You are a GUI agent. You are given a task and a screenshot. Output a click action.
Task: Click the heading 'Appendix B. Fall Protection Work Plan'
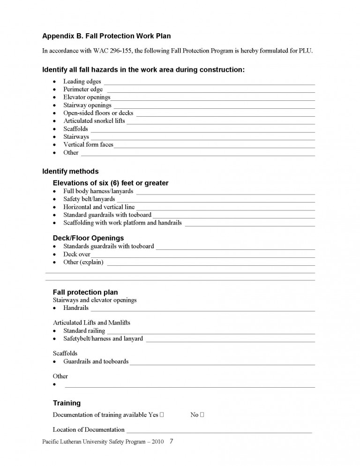coord(106,36)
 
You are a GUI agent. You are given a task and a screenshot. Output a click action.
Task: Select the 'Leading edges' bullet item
coord(82,82)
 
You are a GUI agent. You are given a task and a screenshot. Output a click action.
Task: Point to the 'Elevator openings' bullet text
coord(87,98)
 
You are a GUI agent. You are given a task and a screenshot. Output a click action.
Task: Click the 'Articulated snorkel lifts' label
coord(94,121)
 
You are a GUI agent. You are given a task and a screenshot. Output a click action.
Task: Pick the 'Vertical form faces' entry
coord(88,145)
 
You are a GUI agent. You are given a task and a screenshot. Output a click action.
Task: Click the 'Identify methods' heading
coord(70,172)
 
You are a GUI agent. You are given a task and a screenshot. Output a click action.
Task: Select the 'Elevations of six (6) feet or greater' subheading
coord(111,183)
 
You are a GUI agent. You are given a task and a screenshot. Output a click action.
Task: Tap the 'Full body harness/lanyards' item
coord(98,191)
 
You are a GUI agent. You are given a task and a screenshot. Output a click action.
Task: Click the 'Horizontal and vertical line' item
coord(99,207)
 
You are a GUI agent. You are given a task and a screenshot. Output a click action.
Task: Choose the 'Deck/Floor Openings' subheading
coord(88,238)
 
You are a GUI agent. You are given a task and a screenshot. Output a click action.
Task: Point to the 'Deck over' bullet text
coord(77,255)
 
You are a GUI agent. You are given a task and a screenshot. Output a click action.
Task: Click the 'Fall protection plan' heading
coord(85,293)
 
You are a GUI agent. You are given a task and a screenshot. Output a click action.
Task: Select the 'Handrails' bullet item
coord(76,308)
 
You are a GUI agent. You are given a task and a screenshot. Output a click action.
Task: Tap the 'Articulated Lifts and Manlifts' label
coord(91,323)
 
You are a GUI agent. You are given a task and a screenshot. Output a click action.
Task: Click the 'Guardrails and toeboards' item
coord(96,362)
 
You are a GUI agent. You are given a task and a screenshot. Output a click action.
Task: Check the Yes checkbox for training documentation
coord(162,415)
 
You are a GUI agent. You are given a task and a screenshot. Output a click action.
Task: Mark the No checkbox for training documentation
coord(202,415)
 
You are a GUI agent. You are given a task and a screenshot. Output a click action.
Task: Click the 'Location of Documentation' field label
coord(89,430)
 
